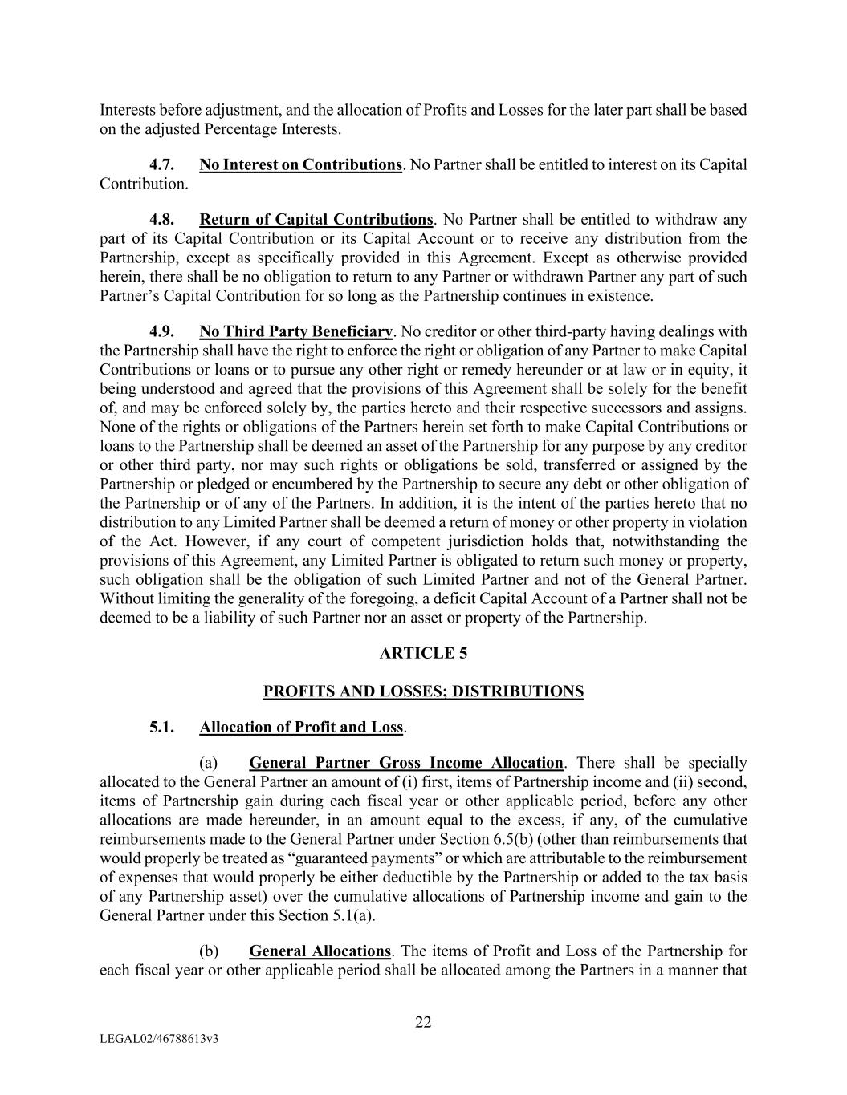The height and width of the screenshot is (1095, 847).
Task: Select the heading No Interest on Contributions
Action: point(300,165)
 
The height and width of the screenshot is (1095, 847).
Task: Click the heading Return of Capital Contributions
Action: point(316,220)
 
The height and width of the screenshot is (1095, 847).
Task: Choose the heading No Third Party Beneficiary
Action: point(295,331)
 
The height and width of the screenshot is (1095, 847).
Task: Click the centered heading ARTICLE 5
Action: point(423,653)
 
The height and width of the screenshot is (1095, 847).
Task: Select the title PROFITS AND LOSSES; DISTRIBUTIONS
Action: point(423,691)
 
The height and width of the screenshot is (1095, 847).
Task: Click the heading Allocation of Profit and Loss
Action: point(301,728)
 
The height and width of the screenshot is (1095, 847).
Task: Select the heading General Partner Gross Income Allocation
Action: point(406,763)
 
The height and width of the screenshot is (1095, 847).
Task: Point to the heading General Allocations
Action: point(320,951)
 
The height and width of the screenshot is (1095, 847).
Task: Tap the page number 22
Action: point(423,1022)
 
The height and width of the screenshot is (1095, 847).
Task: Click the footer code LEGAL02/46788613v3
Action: point(160,1039)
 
